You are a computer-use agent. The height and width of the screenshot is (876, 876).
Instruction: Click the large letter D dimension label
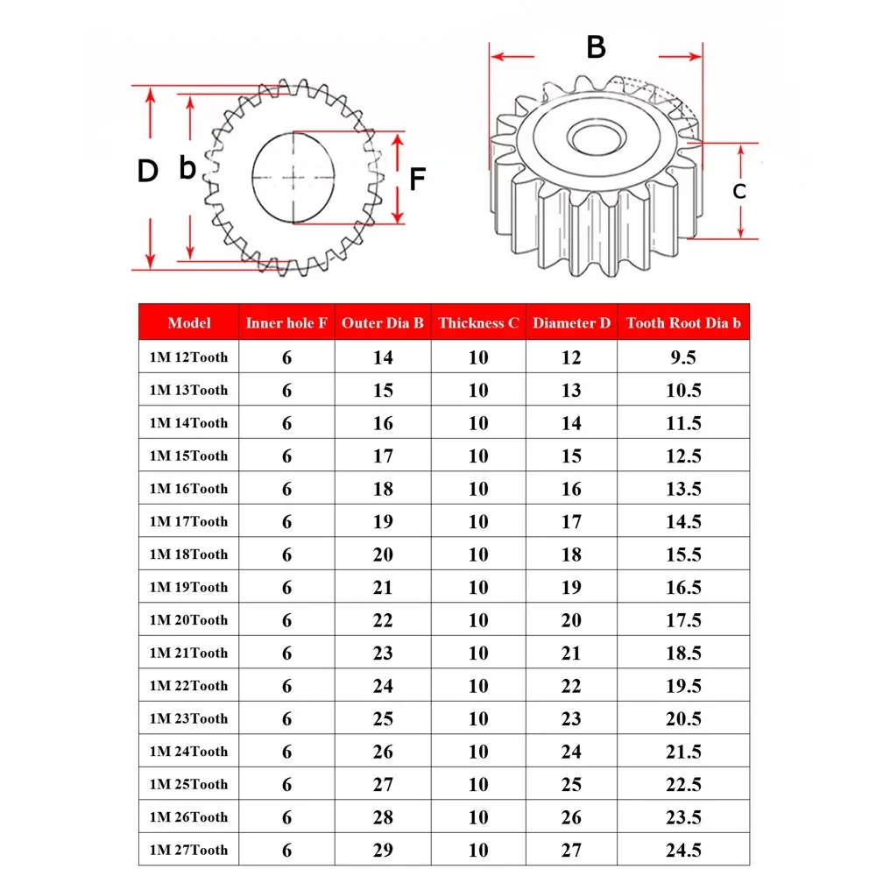pyautogui.click(x=147, y=172)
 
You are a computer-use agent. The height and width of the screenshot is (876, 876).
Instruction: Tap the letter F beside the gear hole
pyautogui.click(x=418, y=180)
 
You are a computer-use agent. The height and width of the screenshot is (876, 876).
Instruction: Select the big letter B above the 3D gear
pyautogui.click(x=596, y=47)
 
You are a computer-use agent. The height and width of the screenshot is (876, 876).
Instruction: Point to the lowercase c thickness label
pyautogui.click(x=739, y=190)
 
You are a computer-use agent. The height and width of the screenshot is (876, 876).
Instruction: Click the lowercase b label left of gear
pyautogui.click(x=187, y=168)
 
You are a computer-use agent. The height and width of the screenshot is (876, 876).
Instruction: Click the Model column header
pyautogui.click(x=189, y=322)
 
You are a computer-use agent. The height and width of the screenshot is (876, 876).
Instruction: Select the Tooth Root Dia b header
pyautogui.click(x=683, y=322)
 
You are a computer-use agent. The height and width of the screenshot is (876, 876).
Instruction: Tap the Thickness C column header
pyautogui.click(x=478, y=322)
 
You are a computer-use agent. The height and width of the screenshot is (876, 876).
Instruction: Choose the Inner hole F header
pyautogui.click(x=286, y=322)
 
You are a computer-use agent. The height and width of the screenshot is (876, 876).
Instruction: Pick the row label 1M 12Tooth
pyautogui.click(x=188, y=357)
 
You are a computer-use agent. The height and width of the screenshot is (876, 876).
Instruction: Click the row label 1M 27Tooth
pyautogui.click(x=188, y=850)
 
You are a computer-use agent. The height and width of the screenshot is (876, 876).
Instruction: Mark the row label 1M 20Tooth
pyautogui.click(x=188, y=619)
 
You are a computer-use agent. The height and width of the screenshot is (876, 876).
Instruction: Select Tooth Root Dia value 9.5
pyautogui.click(x=683, y=357)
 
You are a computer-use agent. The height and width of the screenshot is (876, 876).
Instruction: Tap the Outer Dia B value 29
pyautogui.click(x=383, y=850)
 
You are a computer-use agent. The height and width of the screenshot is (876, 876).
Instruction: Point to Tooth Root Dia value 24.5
pyautogui.click(x=683, y=850)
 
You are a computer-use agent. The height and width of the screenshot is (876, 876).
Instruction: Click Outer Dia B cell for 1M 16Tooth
pyautogui.click(x=383, y=489)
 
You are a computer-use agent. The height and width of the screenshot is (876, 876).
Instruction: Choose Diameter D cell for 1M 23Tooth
pyautogui.click(x=571, y=718)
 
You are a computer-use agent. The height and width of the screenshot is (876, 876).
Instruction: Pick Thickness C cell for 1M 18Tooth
pyautogui.click(x=478, y=555)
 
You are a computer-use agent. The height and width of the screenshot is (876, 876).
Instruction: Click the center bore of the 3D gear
pyautogui.click(x=595, y=136)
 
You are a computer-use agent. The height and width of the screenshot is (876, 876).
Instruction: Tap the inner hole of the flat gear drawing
pyautogui.click(x=294, y=177)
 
